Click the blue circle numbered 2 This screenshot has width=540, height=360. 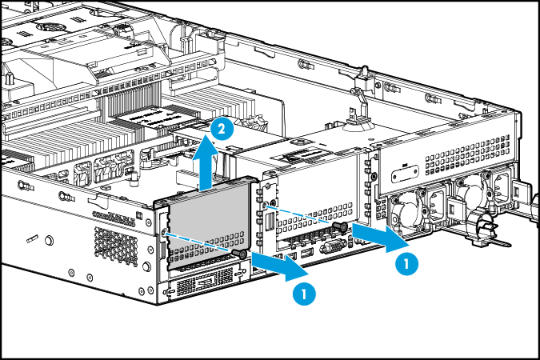pyautogui.click(x=224, y=127)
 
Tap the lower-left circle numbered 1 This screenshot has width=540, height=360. pyautogui.click(x=304, y=294)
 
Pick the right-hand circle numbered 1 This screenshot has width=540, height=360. pyautogui.click(x=407, y=262)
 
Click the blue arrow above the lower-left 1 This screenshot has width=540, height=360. pyautogui.click(x=272, y=266)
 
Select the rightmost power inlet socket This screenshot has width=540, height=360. pyautogui.click(x=502, y=182)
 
